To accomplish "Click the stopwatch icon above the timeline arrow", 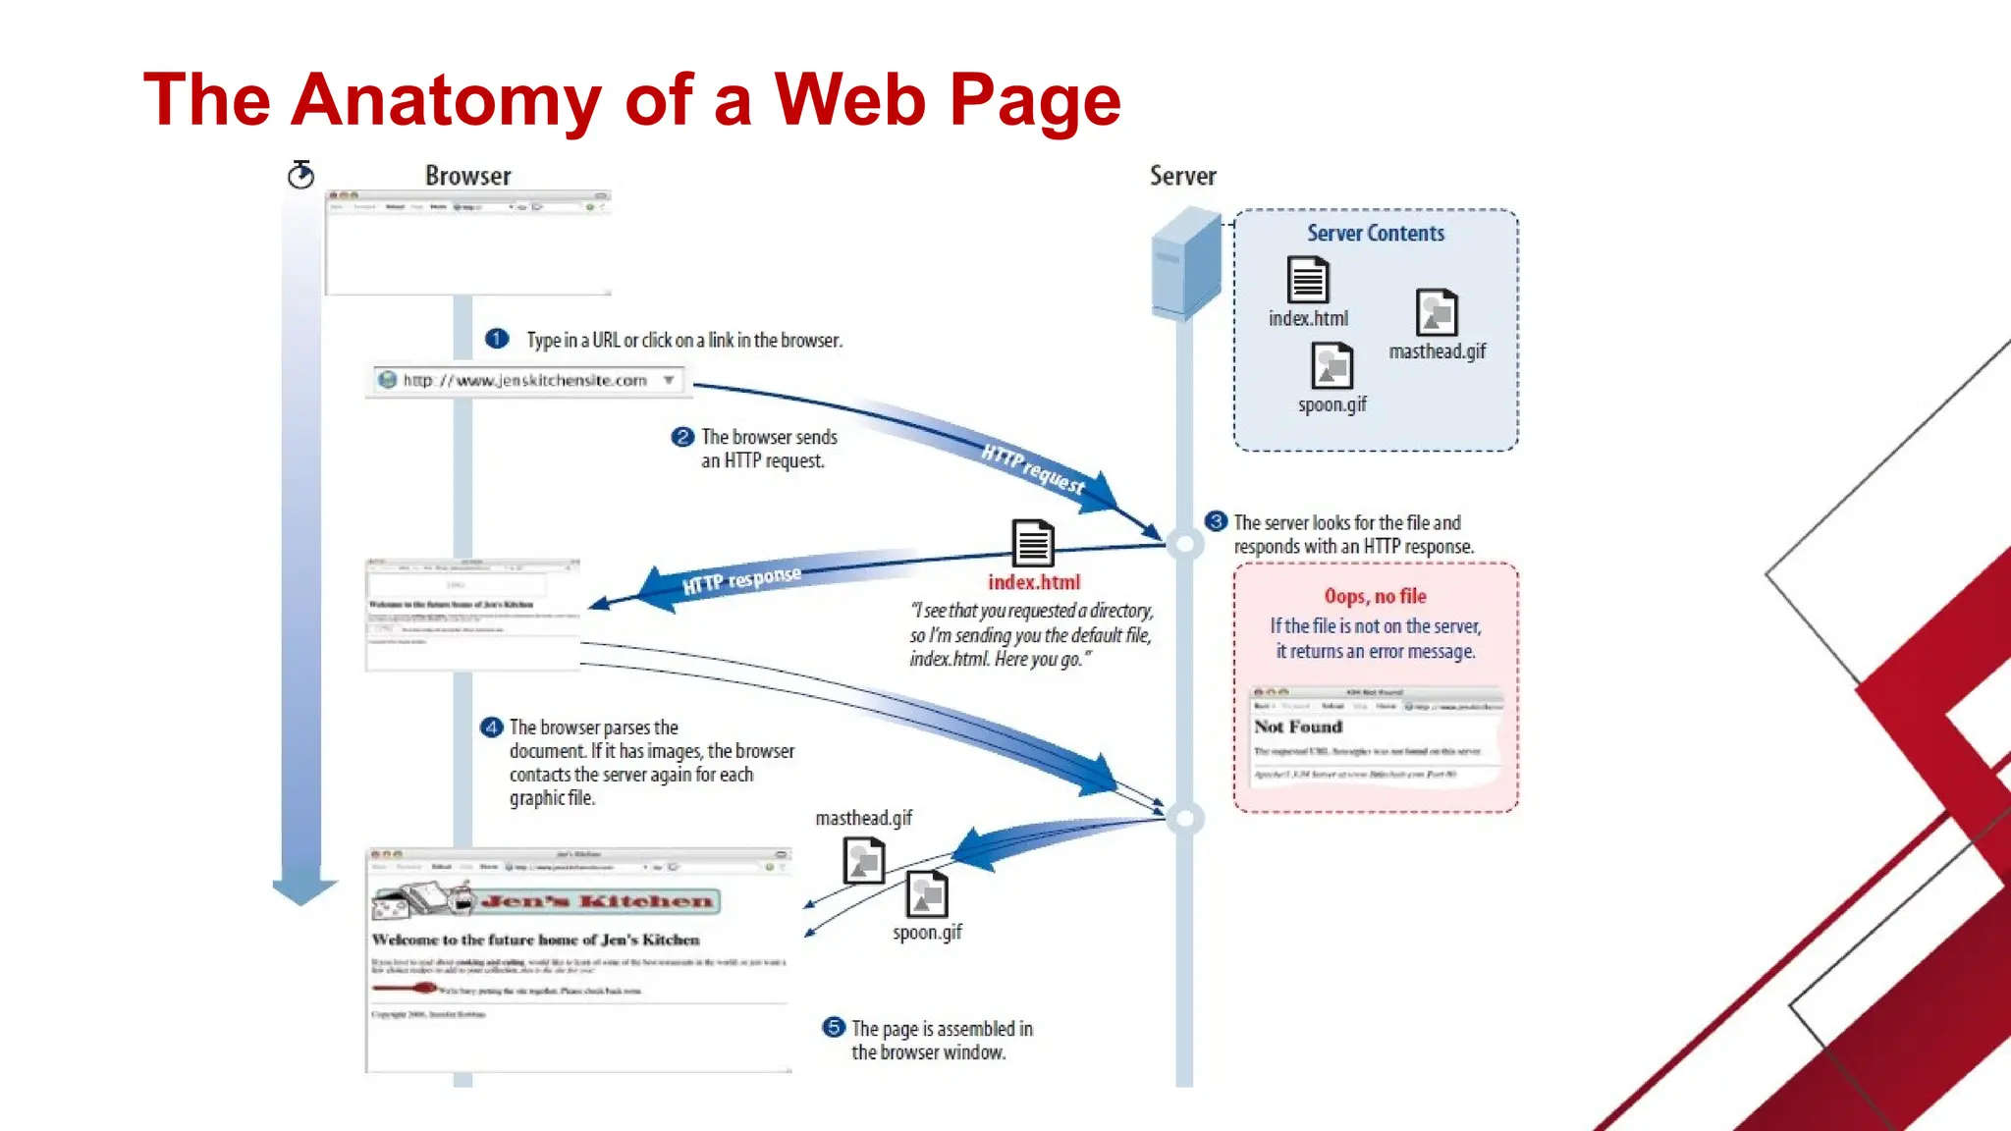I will click(300, 175).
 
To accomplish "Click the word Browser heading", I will click(467, 176).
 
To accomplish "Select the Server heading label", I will click(1182, 176).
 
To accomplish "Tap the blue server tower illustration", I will click(1186, 263).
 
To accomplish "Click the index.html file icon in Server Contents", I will click(1308, 280).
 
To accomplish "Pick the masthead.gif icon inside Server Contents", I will click(1437, 313).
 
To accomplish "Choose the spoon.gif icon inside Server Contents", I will click(1332, 366).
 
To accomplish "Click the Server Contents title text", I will click(1375, 234).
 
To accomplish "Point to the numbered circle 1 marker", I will click(497, 339).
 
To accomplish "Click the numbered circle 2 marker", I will click(682, 437).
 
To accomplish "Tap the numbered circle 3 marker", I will click(1216, 521).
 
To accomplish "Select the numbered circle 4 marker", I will click(491, 727).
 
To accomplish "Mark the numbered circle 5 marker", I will click(834, 1027).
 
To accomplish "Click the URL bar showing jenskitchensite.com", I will click(528, 380).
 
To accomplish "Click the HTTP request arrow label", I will click(1033, 468).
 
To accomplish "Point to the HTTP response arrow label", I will click(741, 579).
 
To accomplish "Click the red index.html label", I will click(1033, 582).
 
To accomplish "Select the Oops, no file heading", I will click(1375, 596).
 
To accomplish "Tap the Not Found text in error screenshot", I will click(1297, 727).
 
